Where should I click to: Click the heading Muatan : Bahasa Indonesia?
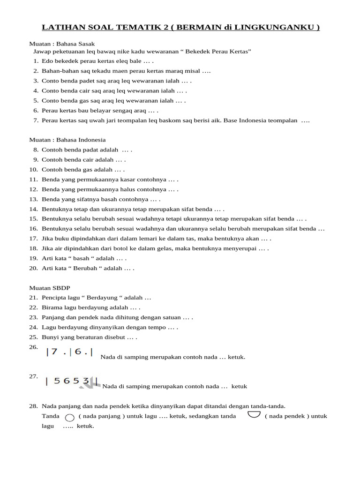pyautogui.click(x=67, y=140)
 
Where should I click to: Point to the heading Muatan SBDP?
pyautogui.click(x=50, y=288)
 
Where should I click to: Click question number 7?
pyautogui.click(x=36, y=120)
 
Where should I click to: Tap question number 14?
pyautogui.click(x=33, y=209)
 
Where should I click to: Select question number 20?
pyautogui.click(x=33, y=268)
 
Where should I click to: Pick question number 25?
pyautogui.click(x=33, y=337)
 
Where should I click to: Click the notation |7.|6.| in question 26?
pyautogui.click(x=69, y=352)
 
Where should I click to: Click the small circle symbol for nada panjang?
pyautogui.click(x=69, y=417)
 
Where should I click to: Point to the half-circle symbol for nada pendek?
pyautogui.click(x=254, y=414)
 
